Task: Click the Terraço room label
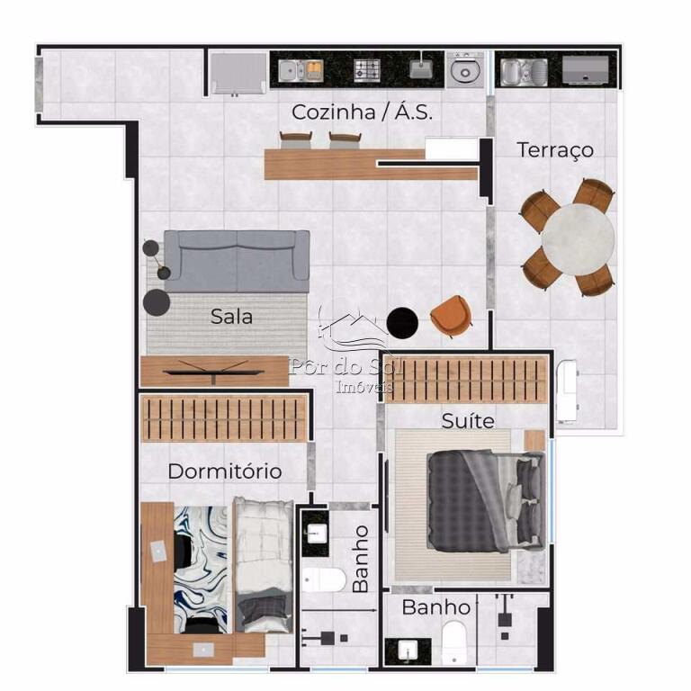pos(555,150)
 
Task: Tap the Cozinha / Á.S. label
pos(362,112)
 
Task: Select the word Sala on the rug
pos(231,317)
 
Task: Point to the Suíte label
pos(468,421)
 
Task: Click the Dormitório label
pos(225,471)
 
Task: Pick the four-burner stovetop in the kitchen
pos(367,70)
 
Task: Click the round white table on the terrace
pos(578,238)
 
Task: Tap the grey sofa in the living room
pos(237,261)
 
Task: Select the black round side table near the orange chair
pos(402,323)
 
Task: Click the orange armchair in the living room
pos(452,316)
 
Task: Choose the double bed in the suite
pos(486,501)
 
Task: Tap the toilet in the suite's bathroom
pos(453,642)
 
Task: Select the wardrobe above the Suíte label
pos(466,381)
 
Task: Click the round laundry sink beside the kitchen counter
pos(465,70)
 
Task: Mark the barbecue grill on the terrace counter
pos(585,69)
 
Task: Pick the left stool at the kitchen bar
pos(296,140)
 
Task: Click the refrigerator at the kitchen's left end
pos(238,74)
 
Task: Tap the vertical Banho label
pos(361,559)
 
